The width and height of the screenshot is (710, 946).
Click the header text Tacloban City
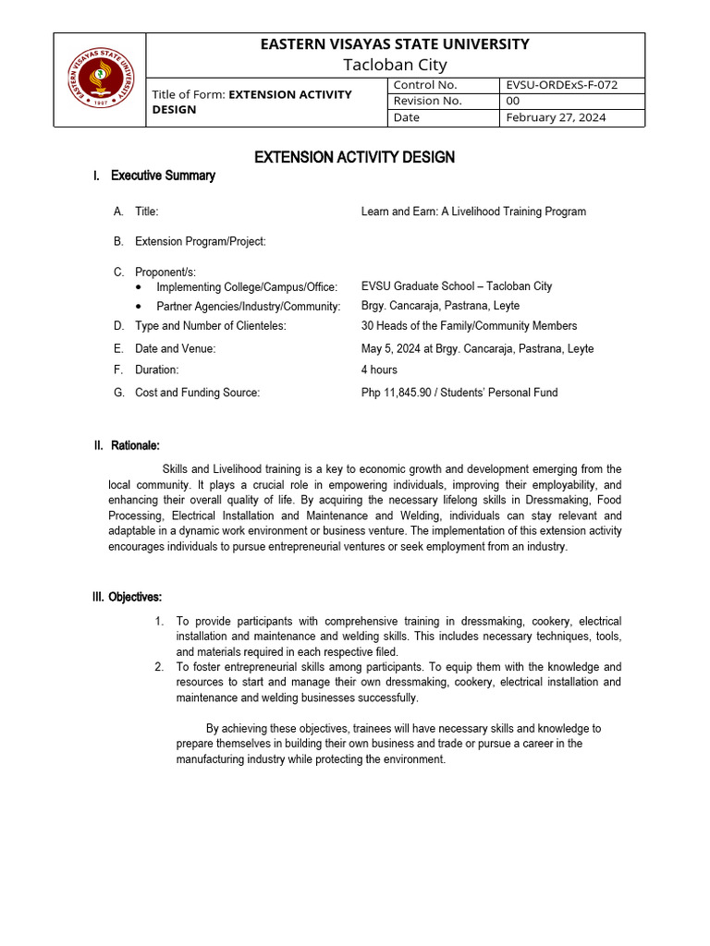(395, 65)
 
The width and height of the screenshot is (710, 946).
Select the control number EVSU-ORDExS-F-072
(562, 85)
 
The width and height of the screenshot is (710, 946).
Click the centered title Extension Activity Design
(354, 157)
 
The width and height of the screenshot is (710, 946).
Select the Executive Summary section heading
(163, 176)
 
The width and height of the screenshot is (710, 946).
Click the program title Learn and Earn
(473, 212)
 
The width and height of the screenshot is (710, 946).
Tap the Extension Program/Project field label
(201, 242)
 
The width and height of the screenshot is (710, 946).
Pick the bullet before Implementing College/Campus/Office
(139, 287)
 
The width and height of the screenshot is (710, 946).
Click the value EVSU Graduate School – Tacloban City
(456, 286)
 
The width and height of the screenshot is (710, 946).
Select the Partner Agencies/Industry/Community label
(248, 306)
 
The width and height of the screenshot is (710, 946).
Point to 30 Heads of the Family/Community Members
(469, 325)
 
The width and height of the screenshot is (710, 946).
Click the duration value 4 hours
(379, 370)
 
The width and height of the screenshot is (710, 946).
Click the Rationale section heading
(133, 446)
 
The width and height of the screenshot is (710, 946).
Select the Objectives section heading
(135, 598)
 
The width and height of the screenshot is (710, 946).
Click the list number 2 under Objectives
(160, 666)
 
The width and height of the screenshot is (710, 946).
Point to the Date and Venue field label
(176, 348)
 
